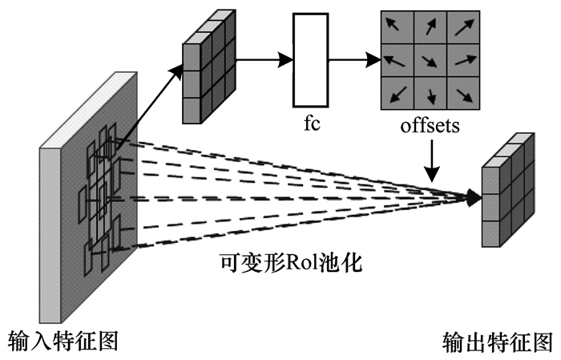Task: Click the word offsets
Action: (431, 127)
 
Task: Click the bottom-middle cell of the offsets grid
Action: (430, 93)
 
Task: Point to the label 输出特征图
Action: (498, 341)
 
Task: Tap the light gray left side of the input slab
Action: (50, 233)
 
